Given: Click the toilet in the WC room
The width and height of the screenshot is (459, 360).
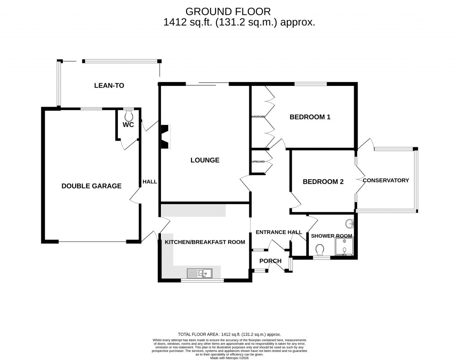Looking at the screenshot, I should pos(129,116).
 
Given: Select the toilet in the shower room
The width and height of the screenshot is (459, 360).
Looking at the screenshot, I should pos(320,249).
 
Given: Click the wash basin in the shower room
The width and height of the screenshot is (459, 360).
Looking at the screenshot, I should pos(349,223).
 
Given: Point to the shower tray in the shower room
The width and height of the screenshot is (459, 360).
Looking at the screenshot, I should pos(344,247).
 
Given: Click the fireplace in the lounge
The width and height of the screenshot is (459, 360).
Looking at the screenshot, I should pos(165,136).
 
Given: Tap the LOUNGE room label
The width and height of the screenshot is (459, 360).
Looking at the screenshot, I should pos(205,160).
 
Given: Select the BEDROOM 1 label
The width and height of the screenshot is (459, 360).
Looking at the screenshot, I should pos(310,117).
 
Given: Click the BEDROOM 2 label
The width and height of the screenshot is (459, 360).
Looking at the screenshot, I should pos(323,182).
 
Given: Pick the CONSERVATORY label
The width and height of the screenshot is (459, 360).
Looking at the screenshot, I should pos(385,180).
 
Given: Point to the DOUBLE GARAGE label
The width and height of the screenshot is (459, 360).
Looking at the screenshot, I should pos(91,186).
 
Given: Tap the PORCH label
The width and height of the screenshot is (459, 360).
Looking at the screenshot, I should pos(270,261).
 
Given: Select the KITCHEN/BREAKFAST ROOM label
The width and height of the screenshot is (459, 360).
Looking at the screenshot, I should pos(205,242).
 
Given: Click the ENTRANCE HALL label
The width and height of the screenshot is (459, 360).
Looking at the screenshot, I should pos(278,232).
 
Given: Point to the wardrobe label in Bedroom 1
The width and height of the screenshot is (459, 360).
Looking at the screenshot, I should pos(258,117).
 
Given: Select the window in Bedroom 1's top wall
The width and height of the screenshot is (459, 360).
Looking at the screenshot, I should pos(310,84).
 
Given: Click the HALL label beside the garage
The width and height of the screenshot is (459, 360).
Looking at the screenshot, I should pos(149,182).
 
